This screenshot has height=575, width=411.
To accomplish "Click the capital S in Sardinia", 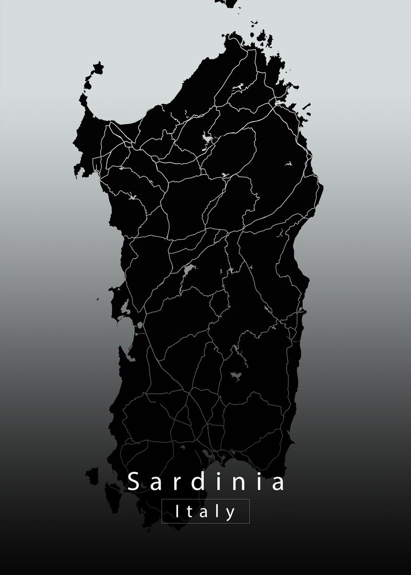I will tap(134, 482).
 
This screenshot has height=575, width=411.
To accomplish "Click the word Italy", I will tap(206, 511).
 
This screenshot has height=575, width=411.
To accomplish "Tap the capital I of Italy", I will tap(178, 511).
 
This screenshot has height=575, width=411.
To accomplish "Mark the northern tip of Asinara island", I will tap(99, 63).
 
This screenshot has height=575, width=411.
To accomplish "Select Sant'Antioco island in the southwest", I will tap(113, 494).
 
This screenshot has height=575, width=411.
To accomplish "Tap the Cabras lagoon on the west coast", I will tap(125, 307).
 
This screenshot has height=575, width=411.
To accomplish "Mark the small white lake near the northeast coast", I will tap(289, 163).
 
